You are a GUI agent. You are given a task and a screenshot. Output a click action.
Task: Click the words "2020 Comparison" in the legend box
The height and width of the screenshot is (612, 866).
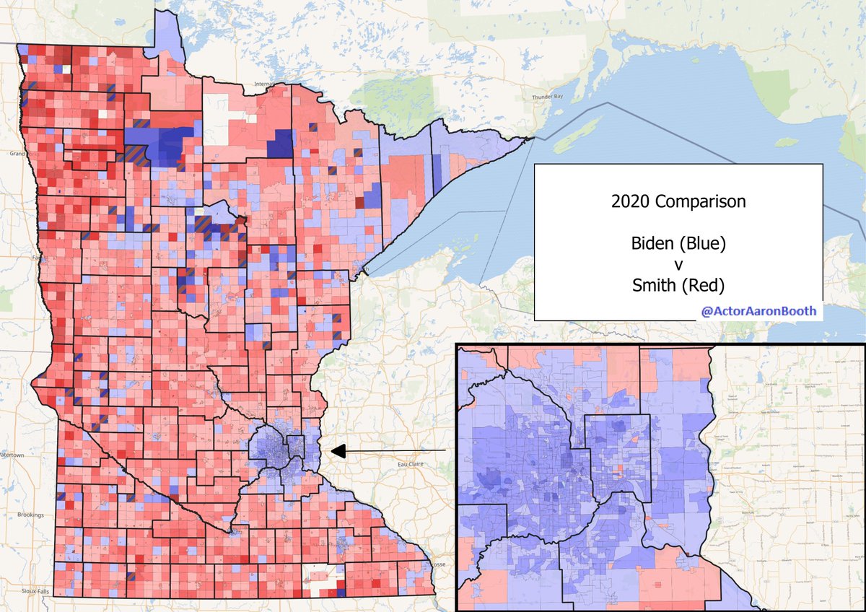678,202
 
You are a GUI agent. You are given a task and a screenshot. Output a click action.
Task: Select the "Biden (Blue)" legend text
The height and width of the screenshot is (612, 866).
678,244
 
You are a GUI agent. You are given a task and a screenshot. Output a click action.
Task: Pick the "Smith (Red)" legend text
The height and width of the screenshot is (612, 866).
678,286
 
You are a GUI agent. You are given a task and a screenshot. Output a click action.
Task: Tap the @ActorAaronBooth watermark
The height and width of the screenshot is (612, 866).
758,312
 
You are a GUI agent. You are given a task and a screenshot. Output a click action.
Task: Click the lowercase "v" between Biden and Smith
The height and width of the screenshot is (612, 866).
678,265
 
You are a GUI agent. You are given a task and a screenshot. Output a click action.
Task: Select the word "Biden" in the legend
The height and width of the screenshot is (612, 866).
653,244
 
